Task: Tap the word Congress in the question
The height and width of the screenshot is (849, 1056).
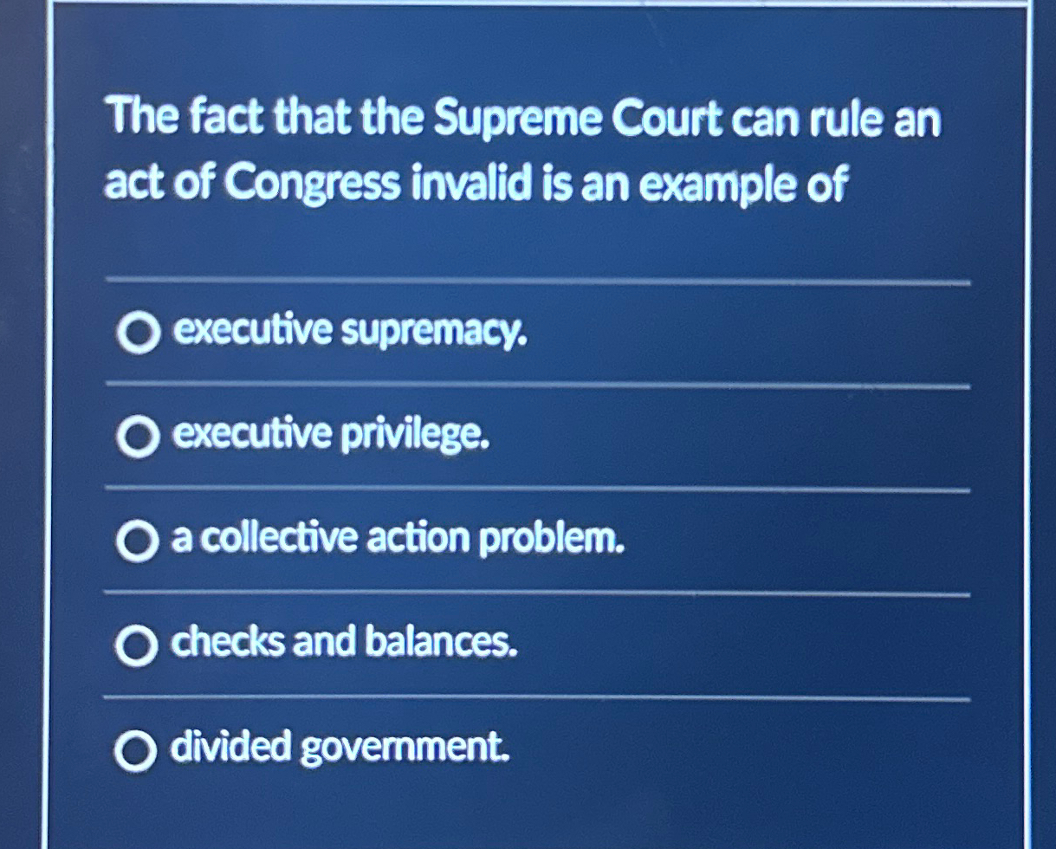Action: [x=313, y=185]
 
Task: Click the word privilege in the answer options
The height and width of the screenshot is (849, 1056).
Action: [x=415, y=435]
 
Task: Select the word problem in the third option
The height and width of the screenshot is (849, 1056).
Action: [x=552, y=539]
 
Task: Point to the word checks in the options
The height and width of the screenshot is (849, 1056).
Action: [x=228, y=641]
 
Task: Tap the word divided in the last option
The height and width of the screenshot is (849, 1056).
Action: [x=230, y=745]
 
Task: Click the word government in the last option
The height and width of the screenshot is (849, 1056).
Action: [x=405, y=748]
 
